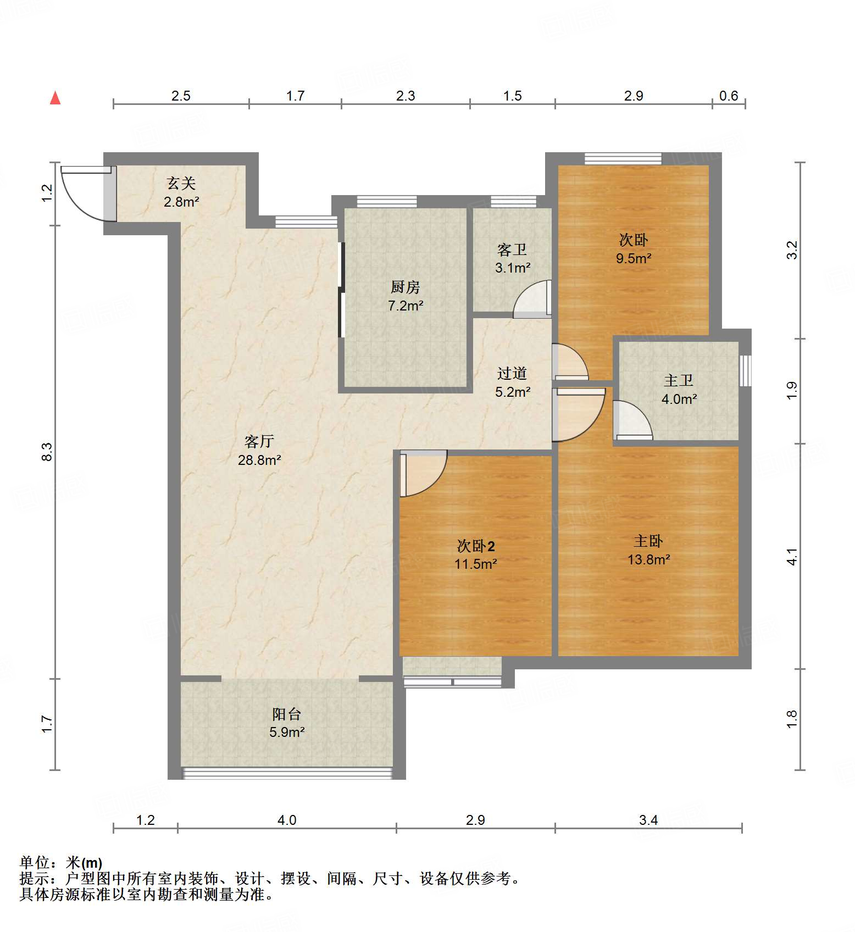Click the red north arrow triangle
coord(55,98)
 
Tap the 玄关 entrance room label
coord(181,183)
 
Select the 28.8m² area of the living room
coord(259,460)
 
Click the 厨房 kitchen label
coord(405,287)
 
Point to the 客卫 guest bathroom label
coord(512,250)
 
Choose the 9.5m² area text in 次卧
coord(634,258)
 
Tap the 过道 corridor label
coord(512,374)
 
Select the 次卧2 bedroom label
coord(476,546)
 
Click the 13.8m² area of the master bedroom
coord(648,559)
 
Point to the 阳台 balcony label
coord(286,714)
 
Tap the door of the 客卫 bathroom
coord(532,301)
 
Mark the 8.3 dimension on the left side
coord(47,452)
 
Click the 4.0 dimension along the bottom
coord(286,820)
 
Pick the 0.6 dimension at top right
coord(728,96)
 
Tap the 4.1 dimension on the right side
coord(791,557)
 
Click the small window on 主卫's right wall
coord(745,370)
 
